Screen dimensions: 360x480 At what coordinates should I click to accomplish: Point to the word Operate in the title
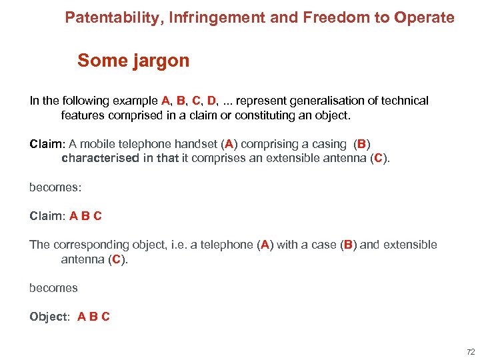coord(424,17)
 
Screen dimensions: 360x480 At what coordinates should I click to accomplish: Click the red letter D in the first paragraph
coord(211,101)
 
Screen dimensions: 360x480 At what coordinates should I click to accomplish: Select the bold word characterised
coord(101,159)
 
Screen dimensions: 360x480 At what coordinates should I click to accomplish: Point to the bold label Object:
coord(49,317)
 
